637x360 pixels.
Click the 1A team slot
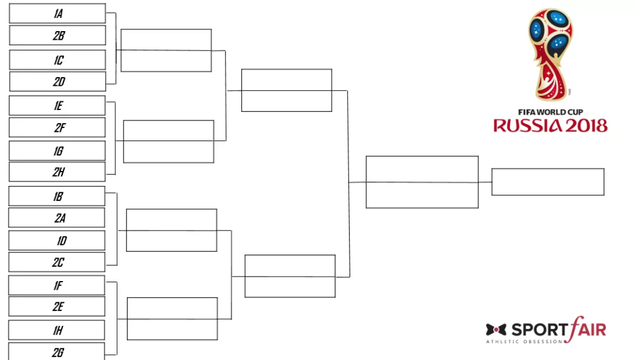point(57,14)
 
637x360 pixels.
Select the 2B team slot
point(57,35)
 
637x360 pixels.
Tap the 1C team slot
point(57,60)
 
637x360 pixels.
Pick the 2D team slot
point(57,81)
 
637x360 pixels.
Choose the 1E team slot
point(57,106)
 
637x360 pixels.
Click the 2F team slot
point(57,127)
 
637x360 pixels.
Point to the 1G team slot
point(57,151)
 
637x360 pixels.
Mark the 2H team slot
point(57,172)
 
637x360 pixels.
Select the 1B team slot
point(57,196)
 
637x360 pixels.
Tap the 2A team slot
point(57,218)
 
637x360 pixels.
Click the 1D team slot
point(57,241)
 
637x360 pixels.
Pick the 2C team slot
point(57,262)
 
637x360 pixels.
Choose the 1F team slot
point(57,285)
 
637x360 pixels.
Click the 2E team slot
point(57,307)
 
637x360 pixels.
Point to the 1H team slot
point(56,330)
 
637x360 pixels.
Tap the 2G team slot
point(56,351)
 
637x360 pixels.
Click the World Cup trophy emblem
point(551,55)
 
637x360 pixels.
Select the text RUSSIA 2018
point(551,126)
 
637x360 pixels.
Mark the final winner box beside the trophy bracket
point(547,182)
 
